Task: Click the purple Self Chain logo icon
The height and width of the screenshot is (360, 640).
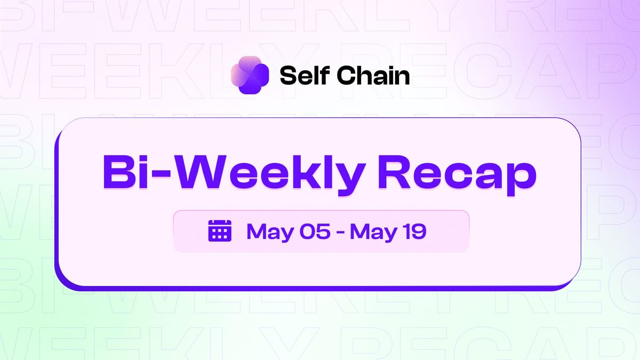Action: pos(249,75)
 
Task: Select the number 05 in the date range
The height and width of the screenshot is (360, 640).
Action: pos(314,231)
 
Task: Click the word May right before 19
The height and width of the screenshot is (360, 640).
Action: pos(374,231)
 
